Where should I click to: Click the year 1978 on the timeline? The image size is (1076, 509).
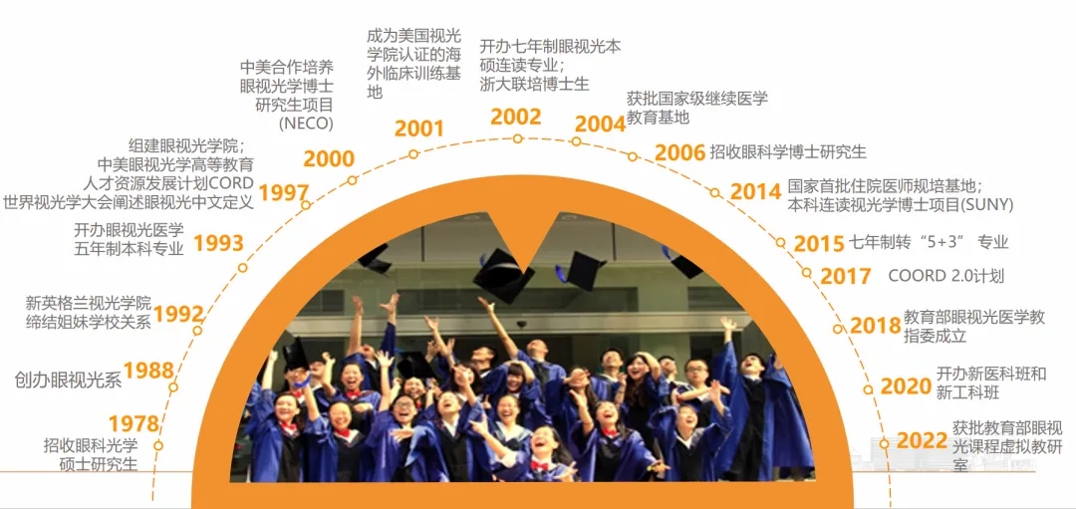tap(134, 423)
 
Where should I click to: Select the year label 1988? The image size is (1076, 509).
tap(148, 371)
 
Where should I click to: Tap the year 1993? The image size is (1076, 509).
tap(219, 243)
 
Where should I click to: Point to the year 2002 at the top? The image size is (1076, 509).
tap(516, 118)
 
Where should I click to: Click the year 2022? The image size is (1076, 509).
tap(923, 441)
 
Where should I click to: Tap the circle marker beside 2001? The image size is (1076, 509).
tap(413, 154)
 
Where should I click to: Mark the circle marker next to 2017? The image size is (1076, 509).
tap(807, 272)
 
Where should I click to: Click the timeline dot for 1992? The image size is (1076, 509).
tap(197, 330)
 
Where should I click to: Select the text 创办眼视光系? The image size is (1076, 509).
tap(68, 381)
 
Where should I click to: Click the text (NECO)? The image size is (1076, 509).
tap(306, 124)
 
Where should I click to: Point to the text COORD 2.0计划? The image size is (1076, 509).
tap(946, 276)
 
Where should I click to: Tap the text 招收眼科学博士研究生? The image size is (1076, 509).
tap(788, 151)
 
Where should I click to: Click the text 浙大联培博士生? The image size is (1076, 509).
tap(535, 84)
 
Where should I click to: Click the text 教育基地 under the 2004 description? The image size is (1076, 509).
tap(659, 118)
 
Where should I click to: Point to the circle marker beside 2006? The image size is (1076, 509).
tap(632, 157)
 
